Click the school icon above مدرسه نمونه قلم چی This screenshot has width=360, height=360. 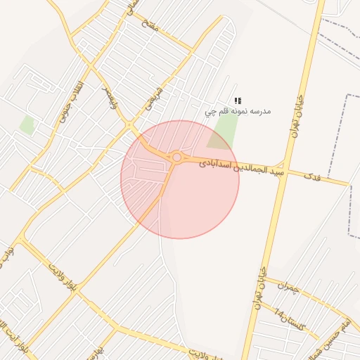[238, 101]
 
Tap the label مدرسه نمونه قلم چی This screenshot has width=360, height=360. [238, 111]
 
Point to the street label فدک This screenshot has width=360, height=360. [312, 175]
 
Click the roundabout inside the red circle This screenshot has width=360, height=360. [177, 157]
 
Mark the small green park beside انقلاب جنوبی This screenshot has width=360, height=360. [27, 125]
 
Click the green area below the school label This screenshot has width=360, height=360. [222, 131]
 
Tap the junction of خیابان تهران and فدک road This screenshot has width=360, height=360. [284, 166]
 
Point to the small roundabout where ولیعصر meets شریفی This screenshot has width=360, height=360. [129, 125]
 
